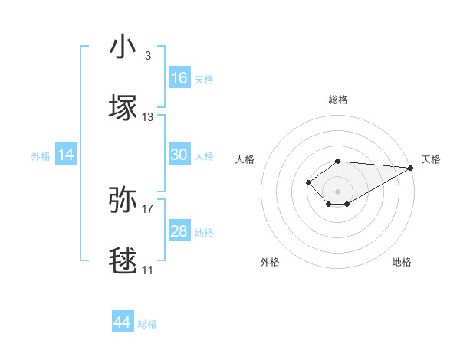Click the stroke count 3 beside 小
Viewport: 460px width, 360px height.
pyautogui.click(x=148, y=56)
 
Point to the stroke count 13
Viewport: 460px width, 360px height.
pyautogui.click(x=148, y=117)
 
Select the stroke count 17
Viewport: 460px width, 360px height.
pyautogui.click(x=148, y=208)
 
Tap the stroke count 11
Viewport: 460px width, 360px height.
pyautogui.click(x=148, y=270)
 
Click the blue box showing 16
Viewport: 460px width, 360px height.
pyautogui.click(x=179, y=78)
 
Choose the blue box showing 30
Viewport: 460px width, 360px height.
pyautogui.click(x=179, y=155)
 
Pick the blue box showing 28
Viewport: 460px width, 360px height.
pyautogui.click(x=179, y=231)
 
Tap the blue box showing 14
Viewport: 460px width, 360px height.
pyautogui.click(x=66, y=155)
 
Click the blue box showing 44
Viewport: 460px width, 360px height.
pyautogui.click(x=123, y=322)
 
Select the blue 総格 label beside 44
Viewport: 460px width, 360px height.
pyautogui.click(x=147, y=324)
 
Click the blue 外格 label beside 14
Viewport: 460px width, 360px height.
pyautogui.click(x=41, y=156)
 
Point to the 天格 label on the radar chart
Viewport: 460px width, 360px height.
pyautogui.click(x=432, y=159)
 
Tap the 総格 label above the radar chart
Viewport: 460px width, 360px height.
pyautogui.click(x=338, y=100)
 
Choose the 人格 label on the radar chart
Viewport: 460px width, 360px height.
pyautogui.click(x=245, y=159)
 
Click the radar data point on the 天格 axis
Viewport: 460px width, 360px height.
pyautogui.click(x=410, y=168)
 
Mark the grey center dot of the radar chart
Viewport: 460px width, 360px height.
pyautogui.click(x=338, y=191)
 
